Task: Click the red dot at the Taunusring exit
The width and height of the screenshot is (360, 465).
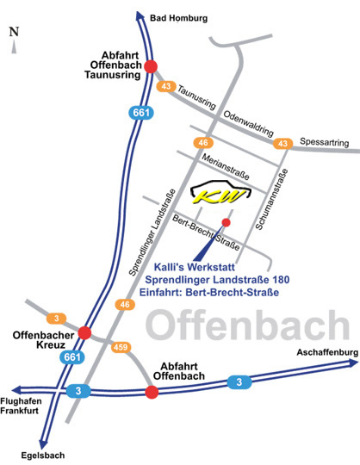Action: tap(151, 65)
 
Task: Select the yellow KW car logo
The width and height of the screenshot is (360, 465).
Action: tap(220, 195)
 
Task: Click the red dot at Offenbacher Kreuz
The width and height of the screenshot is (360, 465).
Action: tap(84, 332)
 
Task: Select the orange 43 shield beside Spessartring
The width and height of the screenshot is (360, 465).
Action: tap(281, 143)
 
